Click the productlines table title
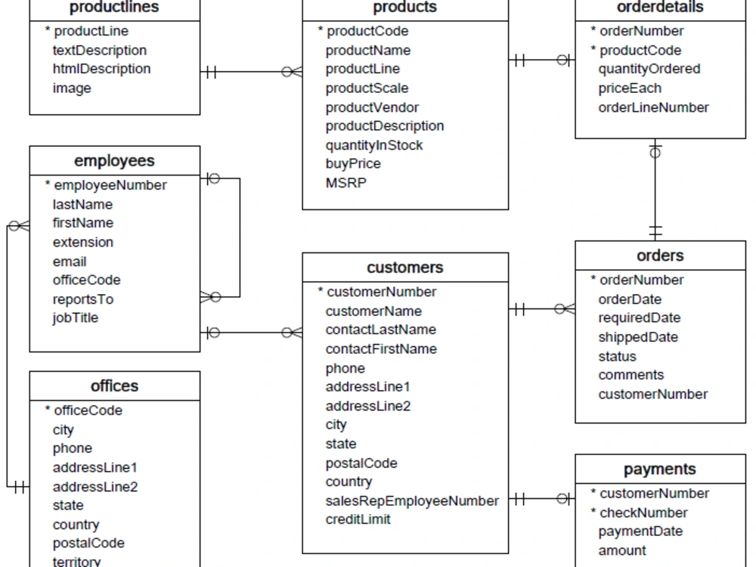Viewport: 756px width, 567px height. coord(114,8)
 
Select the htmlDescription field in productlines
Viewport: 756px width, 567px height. coord(101,69)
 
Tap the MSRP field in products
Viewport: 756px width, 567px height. coord(345,183)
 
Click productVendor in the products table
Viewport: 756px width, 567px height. coord(372,107)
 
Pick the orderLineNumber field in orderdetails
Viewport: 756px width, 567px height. coord(653,107)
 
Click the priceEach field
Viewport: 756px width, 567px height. coord(630,88)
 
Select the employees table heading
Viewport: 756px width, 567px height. coord(114,161)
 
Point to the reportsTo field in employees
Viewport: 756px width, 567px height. coord(82,299)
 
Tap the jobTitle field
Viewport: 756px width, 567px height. coord(76,318)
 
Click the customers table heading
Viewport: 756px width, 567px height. coord(405,268)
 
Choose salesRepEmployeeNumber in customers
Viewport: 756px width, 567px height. coord(412,501)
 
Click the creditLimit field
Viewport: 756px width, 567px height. coord(358,519)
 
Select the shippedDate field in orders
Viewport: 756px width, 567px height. coord(638,337)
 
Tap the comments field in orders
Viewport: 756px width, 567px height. coord(631,375)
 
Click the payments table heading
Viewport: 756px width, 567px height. coord(659,469)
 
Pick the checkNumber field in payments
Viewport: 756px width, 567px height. coord(643,513)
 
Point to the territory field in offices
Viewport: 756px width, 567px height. coord(76,561)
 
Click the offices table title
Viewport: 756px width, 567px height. coord(114,386)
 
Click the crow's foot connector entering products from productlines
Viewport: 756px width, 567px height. coord(292,72)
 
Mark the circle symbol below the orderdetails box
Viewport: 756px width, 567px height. coord(655,153)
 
